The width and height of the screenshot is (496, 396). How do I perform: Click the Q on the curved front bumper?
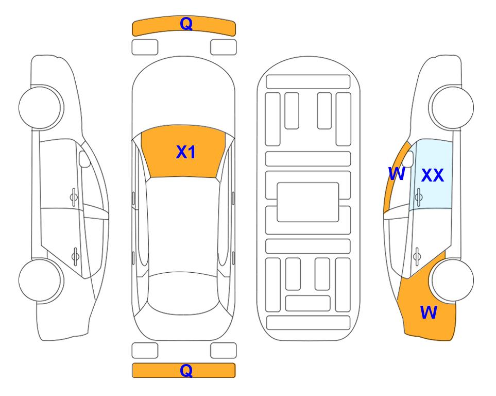(x=186, y=24)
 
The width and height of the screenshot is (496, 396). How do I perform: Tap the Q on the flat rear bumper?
(x=186, y=370)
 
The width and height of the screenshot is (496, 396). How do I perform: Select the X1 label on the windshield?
(x=186, y=152)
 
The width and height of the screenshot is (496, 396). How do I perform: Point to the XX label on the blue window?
(x=433, y=175)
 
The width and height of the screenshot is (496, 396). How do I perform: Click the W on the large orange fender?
(x=429, y=312)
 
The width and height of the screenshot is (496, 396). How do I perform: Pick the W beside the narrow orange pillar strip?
(x=397, y=174)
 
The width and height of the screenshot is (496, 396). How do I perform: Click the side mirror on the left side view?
(x=84, y=159)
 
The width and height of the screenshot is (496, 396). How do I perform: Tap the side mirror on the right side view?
(x=408, y=159)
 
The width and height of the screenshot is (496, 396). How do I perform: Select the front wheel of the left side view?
(x=41, y=108)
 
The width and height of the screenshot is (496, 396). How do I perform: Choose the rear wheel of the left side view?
(x=41, y=280)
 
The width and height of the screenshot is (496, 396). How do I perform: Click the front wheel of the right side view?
(x=452, y=108)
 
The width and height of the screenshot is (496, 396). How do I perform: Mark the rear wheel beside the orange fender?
(x=452, y=280)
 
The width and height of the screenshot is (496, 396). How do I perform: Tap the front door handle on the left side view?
(x=74, y=197)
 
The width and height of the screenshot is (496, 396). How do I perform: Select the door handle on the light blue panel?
(x=419, y=197)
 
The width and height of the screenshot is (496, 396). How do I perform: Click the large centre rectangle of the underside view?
(x=308, y=202)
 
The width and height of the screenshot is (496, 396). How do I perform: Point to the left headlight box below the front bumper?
(x=145, y=47)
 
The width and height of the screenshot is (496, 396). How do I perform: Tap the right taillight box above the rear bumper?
(x=224, y=351)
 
